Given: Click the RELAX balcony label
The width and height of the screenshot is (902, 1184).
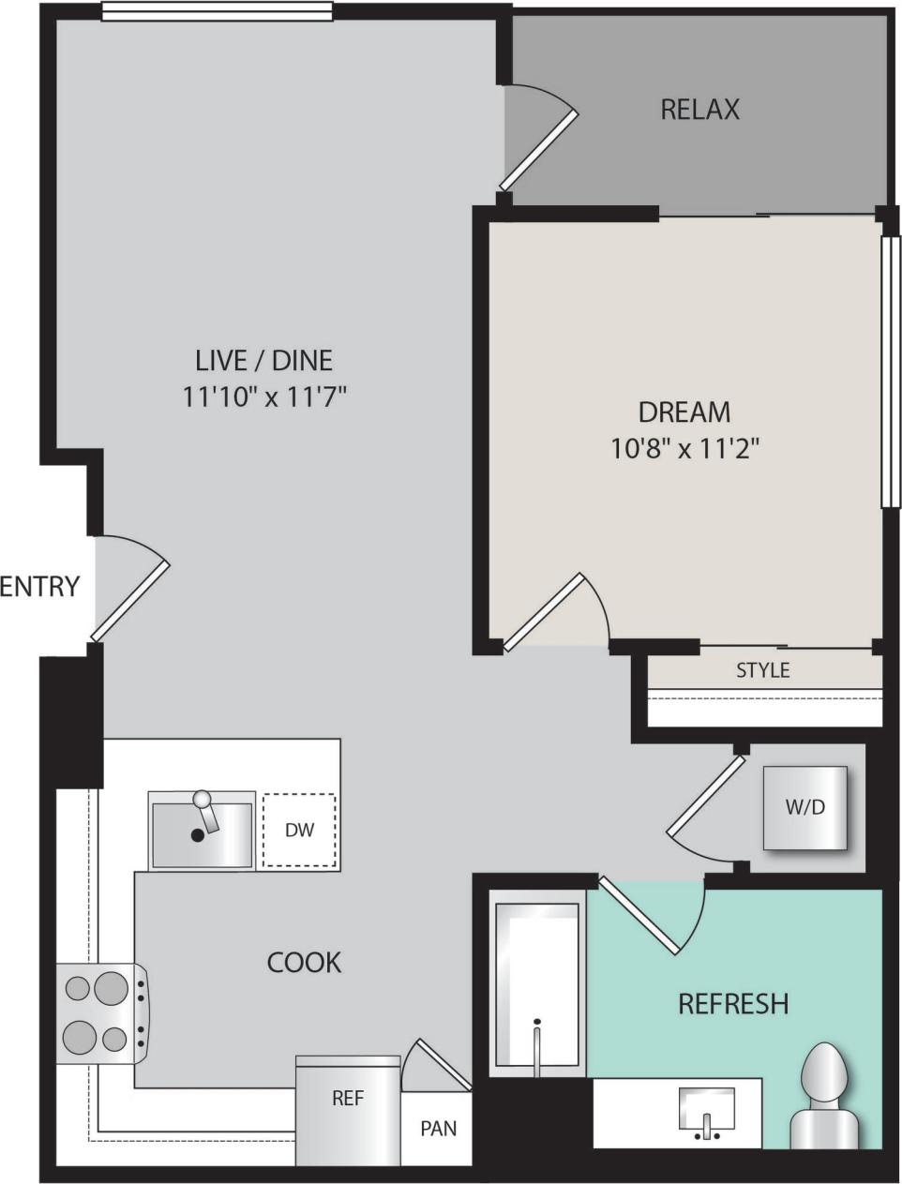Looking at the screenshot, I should tap(699, 110).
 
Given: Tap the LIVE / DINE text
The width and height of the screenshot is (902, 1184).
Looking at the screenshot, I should tap(263, 359).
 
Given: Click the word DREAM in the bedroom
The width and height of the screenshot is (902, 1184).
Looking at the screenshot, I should tap(684, 412).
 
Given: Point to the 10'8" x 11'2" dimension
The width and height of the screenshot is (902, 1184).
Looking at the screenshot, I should tap(684, 449).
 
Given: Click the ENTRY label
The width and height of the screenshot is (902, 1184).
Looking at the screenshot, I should tap(39, 587).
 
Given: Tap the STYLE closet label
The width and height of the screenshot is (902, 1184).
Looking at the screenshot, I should tap(762, 670).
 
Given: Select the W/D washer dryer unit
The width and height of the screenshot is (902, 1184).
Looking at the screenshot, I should tap(804, 808).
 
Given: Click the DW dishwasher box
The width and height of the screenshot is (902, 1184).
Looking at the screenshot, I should tap(299, 830).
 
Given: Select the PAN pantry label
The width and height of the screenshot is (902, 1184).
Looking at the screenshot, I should tap(438, 1129).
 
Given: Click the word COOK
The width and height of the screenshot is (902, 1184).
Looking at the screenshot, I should tap(304, 963).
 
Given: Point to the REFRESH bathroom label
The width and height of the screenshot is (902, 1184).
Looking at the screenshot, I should tap(732, 1004).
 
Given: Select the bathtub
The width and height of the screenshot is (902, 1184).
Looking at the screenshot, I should tap(536, 984).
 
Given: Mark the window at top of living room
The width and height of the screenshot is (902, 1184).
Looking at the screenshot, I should tap(217, 11).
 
